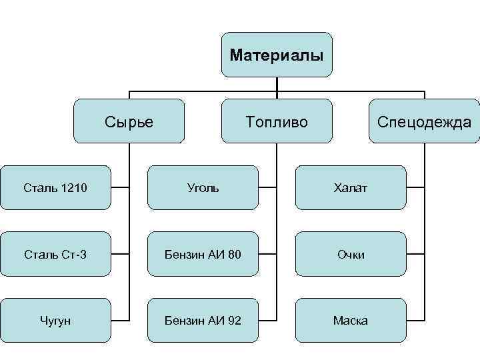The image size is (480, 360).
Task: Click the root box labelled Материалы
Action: click(277, 55)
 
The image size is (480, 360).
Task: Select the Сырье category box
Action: click(129, 121)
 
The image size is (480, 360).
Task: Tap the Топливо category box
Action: click(277, 121)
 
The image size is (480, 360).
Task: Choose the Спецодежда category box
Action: click(424, 121)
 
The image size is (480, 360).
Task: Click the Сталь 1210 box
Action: click(55, 188)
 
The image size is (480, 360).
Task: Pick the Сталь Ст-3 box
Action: click(55, 254)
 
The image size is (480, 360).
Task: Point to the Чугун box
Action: click(55, 321)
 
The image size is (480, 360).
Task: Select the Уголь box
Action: click(202, 188)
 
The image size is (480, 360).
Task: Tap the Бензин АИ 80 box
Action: click(202, 254)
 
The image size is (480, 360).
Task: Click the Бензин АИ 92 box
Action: click(202, 321)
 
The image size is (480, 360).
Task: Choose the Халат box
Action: click(350, 188)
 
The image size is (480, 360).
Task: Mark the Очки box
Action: click(350, 254)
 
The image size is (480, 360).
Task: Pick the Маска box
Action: click(350, 321)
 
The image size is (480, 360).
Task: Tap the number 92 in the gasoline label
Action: click(233, 321)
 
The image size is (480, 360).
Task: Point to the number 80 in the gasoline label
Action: click(233, 254)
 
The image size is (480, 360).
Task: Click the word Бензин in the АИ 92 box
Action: click(183, 321)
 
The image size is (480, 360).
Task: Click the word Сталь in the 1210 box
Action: click(41, 188)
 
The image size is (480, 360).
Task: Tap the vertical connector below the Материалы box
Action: click(277, 83)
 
